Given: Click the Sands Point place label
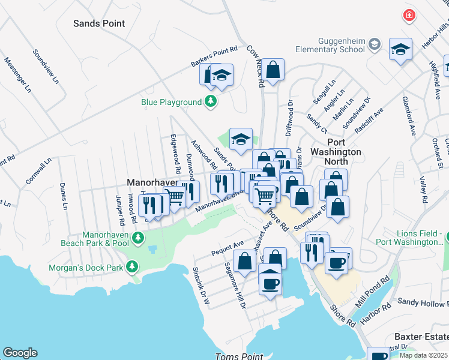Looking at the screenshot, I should click(x=99, y=23).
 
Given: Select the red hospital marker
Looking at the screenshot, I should click(x=409, y=15).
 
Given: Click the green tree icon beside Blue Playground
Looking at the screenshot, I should click(x=210, y=102).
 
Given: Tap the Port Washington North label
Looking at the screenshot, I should click(x=336, y=157).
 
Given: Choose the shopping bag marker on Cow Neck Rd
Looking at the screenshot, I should click(x=273, y=70).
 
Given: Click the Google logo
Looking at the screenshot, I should click(x=20, y=353).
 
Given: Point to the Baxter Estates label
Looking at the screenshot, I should click(x=421, y=337).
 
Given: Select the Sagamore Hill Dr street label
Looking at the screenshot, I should click(x=235, y=284).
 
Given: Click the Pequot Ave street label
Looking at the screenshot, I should click(x=227, y=249).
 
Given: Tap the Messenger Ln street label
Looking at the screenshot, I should click(x=17, y=76).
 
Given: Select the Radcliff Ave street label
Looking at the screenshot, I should click(x=369, y=121).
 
